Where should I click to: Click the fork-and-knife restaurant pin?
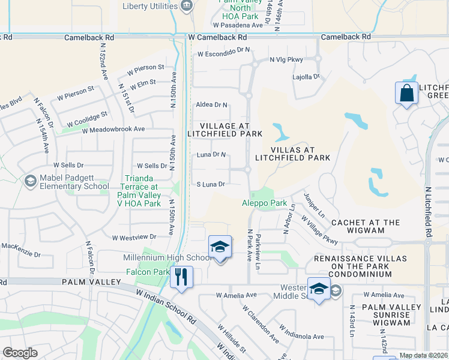[181, 277]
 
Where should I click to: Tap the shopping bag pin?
[406, 94]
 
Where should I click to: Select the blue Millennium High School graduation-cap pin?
[220, 247]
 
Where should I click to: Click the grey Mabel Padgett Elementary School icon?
[30, 181]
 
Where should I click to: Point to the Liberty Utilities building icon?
[186, 6]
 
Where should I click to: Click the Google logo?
[20, 353]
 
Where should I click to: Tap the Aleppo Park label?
[265, 203]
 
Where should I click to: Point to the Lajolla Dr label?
[306, 77]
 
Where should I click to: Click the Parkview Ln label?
[259, 251]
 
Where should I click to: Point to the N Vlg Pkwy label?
[286, 59]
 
